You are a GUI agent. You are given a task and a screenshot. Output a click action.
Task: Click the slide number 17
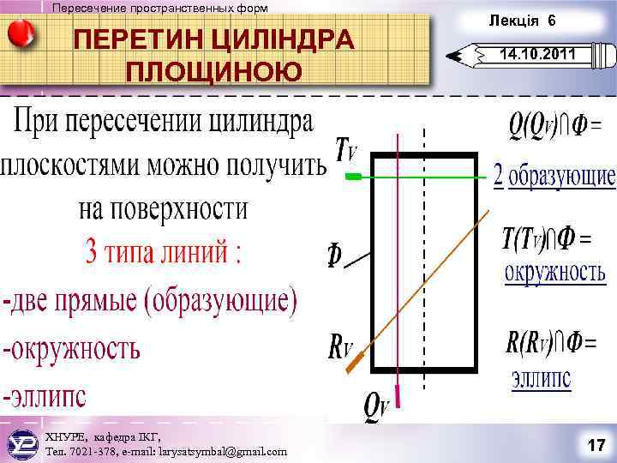click(596, 445)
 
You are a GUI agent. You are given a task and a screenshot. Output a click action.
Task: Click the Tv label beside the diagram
click(346, 153)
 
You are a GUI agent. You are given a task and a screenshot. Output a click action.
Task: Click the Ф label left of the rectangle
click(334, 255)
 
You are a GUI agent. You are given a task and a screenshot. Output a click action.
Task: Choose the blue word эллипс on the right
click(542, 378)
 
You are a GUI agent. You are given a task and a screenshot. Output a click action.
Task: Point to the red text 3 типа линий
click(164, 252)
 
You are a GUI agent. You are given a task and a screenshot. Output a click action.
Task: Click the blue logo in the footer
click(21, 443)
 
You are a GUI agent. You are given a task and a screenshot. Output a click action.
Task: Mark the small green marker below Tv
click(353, 176)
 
